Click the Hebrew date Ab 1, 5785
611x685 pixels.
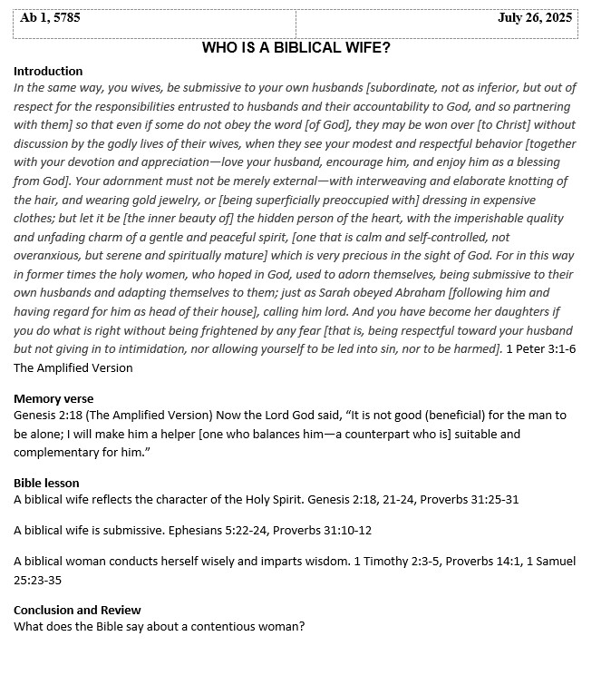50,17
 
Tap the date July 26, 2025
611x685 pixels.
535,17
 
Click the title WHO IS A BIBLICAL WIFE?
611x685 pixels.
296,47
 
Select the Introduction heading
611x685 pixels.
48,71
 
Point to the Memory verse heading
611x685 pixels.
53,398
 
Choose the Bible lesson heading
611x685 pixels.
46,483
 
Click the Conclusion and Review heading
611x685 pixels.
77,610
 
